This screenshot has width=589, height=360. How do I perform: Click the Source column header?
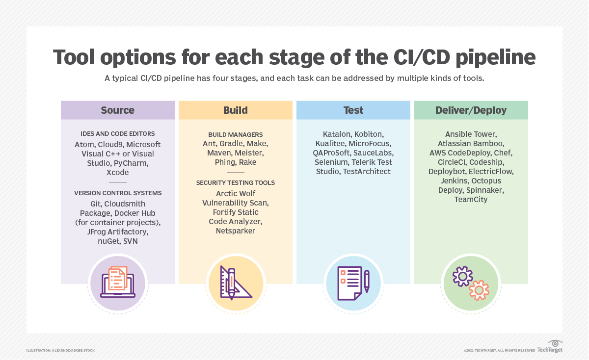117,110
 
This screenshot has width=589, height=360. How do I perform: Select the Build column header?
235,110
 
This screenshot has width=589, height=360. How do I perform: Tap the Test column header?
353,110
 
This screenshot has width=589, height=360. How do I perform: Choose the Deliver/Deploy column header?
471,110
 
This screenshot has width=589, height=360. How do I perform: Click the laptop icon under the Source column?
117,283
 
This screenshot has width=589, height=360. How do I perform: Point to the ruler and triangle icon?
236,283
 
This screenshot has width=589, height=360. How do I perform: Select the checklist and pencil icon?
353,283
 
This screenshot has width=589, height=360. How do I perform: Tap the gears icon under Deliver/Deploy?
471,283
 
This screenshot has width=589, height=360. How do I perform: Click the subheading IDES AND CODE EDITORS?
117,133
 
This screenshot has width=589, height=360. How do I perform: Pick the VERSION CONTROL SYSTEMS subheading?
117,193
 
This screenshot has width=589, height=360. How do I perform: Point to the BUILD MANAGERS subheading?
235,134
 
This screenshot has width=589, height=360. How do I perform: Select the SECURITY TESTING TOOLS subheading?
235,182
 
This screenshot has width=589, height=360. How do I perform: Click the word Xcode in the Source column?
117,173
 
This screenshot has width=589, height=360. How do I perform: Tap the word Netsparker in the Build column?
235,231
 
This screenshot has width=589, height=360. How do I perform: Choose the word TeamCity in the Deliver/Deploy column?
471,200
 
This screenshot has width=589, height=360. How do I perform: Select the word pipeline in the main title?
495,57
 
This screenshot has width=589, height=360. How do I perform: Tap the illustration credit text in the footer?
60,350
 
